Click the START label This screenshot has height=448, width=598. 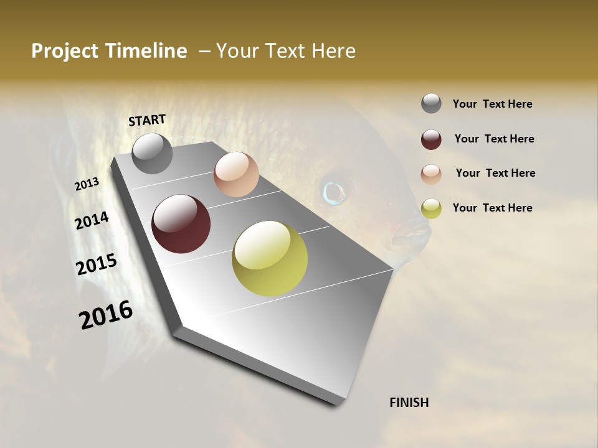(x=147, y=120)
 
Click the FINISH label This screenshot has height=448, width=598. (x=409, y=403)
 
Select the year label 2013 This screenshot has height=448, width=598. (x=87, y=184)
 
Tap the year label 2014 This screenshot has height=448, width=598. (x=92, y=221)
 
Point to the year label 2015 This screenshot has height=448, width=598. (x=97, y=264)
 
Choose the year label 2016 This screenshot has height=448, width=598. (x=106, y=315)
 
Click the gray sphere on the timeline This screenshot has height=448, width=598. (x=152, y=153)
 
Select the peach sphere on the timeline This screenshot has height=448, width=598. (x=236, y=174)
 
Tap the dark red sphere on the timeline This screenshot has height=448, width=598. (x=181, y=224)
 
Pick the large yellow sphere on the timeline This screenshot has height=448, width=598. (x=270, y=258)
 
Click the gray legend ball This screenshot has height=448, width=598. (x=431, y=103)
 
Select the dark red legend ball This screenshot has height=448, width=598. (x=431, y=139)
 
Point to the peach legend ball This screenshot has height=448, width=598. (x=431, y=174)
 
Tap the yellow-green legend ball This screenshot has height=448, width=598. (x=431, y=208)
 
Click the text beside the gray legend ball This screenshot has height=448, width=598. (x=492, y=104)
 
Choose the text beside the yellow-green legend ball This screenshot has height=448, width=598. (x=492, y=208)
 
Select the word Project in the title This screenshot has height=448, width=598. (x=62, y=51)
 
